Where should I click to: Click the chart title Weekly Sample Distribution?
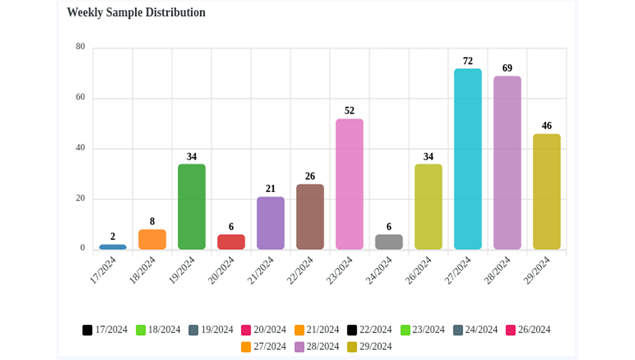[136, 13]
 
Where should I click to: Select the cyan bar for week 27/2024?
[468, 159]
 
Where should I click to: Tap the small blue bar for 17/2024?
[113, 247]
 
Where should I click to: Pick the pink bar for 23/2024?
[349, 184]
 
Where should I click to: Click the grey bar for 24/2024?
[389, 242]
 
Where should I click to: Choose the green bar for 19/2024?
[192, 207]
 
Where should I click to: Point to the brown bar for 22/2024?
[310, 217]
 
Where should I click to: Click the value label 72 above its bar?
[468, 61]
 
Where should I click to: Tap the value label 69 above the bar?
[507, 68]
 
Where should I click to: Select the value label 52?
[349, 111]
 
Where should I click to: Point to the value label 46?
[547, 126]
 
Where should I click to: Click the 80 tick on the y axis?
[80, 47]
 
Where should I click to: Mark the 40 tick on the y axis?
[80, 148]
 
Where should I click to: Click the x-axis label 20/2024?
[221, 270]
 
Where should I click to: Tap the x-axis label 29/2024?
[537, 270]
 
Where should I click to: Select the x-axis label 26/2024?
[418, 270]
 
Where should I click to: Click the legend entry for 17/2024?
[105, 330]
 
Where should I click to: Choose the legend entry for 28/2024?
[317, 347]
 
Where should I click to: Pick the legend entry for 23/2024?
[422, 330]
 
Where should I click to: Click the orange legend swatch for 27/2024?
[246, 347]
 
